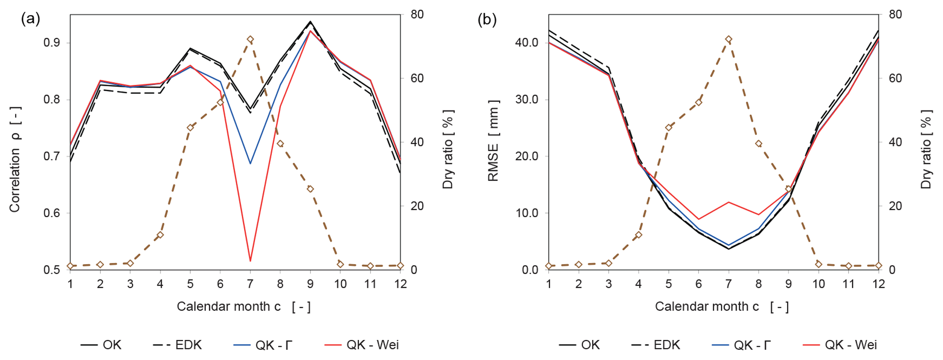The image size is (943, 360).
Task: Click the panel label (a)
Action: (x=31, y=19)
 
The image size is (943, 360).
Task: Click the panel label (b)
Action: (x=487, y=19)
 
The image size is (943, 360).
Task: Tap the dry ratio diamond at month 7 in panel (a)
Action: (x=250, y=40)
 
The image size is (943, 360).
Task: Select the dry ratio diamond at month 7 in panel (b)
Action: (x=729, y=40)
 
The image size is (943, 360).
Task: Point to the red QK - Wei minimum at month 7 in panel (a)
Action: (x=250, y=261)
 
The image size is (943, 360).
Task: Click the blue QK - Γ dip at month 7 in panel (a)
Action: (x=250, y=163)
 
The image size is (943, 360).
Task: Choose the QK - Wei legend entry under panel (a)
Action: (x=362, y=344)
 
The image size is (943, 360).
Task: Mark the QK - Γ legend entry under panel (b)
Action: (x=741, y=344)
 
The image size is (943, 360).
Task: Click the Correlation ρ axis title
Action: (x=15, y=159)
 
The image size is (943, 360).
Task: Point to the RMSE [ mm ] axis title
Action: (x=494, y=141)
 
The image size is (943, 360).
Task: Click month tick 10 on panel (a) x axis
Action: (x=340, y=284)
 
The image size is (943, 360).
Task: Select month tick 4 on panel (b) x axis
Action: (x=638, y=284)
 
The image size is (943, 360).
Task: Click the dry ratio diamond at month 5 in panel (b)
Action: (x=668, y=128)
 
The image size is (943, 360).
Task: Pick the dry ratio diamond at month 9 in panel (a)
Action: (x=310, y=189)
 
